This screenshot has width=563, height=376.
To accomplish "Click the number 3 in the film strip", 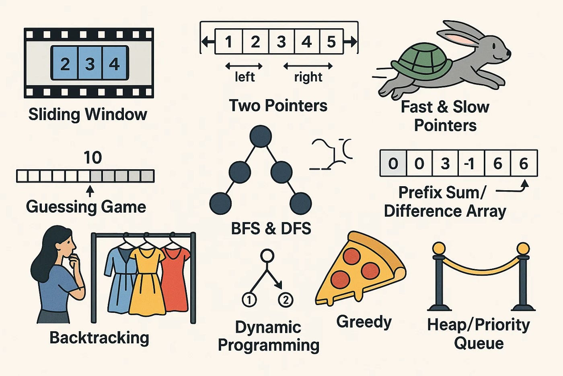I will (90, 64).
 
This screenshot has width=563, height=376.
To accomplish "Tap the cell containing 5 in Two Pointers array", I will (331, 42).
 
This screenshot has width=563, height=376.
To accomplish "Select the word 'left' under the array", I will (245, 77).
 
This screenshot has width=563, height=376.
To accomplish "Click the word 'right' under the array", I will (308, 77).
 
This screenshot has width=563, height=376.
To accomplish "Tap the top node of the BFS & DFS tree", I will (261, 136).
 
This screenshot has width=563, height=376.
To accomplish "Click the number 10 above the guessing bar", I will (92, 158).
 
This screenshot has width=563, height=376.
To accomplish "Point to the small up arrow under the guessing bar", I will (90, 190).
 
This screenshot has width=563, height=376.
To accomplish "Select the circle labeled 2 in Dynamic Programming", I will (286, 300).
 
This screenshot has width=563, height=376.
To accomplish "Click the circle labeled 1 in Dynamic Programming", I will (249, 300).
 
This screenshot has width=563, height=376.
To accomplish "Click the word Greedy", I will (364, 322).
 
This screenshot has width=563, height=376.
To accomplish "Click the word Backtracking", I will (99, 338).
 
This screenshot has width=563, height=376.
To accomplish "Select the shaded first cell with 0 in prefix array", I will (393, 164).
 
